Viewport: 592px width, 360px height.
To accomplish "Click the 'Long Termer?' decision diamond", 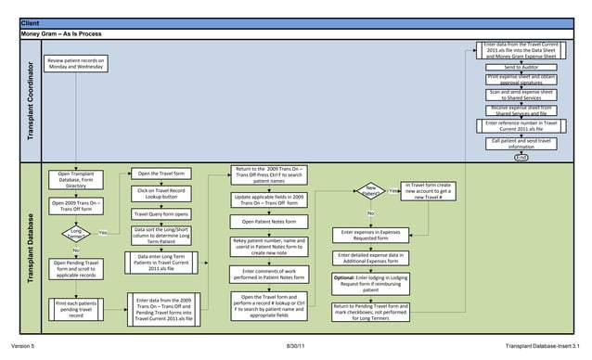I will coord(75,233).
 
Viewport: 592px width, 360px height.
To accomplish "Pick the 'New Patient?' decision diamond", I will coord(370,191).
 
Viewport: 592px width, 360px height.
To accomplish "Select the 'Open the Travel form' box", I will coord(163,174).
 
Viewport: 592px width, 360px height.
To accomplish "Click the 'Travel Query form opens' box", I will coord(162,214).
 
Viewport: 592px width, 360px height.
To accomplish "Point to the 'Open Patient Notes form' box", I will coord(268,222).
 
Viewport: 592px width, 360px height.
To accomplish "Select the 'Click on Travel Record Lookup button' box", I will coord(162,194).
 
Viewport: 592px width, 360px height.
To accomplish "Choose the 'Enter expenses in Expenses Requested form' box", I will coord(370,235).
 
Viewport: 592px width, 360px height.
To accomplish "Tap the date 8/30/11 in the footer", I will coord(296,345).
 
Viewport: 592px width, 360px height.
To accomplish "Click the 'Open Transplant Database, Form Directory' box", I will coord(75,179).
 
